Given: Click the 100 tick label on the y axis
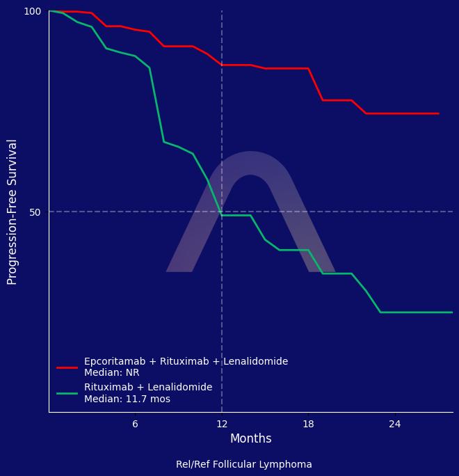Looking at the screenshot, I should pyautogui.click(x=33, y=11).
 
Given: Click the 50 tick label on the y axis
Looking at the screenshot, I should pyautogui.click(x=35, y=212).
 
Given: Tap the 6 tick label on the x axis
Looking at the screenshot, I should pyautogui.click(x=135, y=424).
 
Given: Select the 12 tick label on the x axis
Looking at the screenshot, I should pyautogui.click(x=222, y=424).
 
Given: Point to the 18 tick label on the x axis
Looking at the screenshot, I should pyautogui.click(x=308, y=424).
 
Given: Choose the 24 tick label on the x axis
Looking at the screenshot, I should pyautogui.click(x=395, y=424).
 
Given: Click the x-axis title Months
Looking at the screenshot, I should pyautogui.click(x=250, y=438).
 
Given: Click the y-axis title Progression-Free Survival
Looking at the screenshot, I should pyautogui.click(x=13, y=212).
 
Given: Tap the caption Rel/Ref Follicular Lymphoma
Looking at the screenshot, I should pyautogui.click(x=243, y=464).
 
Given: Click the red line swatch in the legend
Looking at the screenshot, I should pyautogui.click(x=67, y=367).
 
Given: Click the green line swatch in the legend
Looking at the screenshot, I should pyautogui.click(x=67, y=393).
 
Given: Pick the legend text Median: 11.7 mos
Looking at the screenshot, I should pyautogui.click(x=127, y=399).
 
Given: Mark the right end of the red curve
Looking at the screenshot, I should pyautogui.click(x=438, y=113).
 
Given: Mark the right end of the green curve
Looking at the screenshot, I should pyautogui.click(x=452, y=312).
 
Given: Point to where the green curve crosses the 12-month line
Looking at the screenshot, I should pyautogui.click(x=222, y=215).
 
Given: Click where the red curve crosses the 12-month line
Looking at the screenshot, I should pyautogui.click(x=222, y=65).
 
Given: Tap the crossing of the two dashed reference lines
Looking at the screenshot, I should pyautogui.click(x=222, y=212).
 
